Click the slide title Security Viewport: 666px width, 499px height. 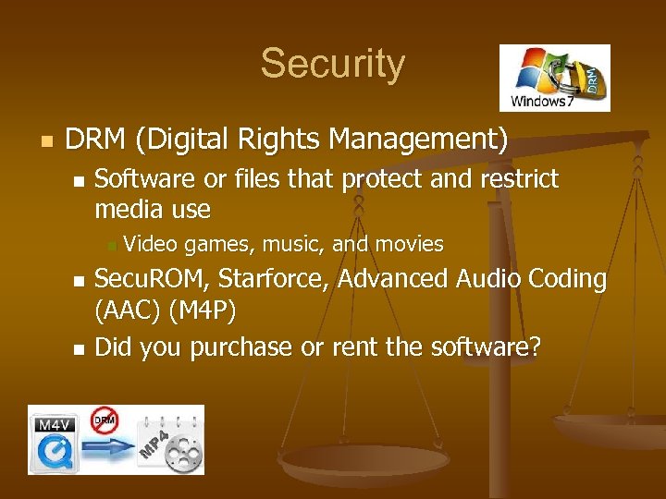click(332, 64)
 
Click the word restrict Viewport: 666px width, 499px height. click(519, 178)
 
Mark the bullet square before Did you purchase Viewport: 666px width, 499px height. click(79, 349)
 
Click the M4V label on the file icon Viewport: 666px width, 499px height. click(54, 425)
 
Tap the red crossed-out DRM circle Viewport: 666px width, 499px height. click(105, 420)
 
